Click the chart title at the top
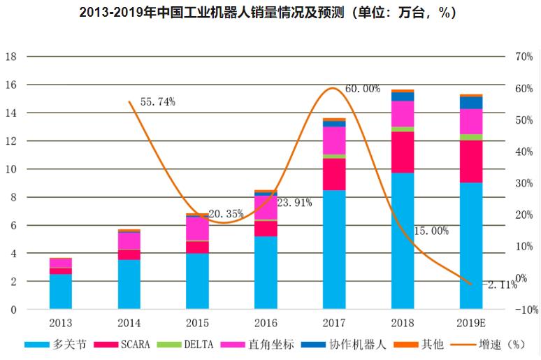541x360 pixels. pyautogui.click(x=270, y=13)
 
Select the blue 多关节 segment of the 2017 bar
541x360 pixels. pyautogui.click(x=334, y=249)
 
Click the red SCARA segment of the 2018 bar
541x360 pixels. pyautogui.click(x=403, y=152)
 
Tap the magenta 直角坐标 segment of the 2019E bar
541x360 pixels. pyautogui.click(x=471, y=121)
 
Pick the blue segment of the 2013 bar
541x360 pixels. pyautogui.click(x=61, y=291)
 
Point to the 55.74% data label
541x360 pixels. pyautogui.click(x=157, y=102)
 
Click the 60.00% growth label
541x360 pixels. pyautogui.click(x=363, y=89)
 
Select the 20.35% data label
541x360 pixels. pyautogui.click(x=226, y=214)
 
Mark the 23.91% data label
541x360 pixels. pyautogui.click(x=294, y=203)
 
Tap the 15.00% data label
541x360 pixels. pyautogui.click(x=431, y=231)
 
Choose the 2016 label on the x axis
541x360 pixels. pyautogui.click(x=266, y=324)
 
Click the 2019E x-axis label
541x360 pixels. pyautogui.click(x=471, y=324)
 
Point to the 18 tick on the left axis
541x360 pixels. pyautogui.click(x=10, y=57)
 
